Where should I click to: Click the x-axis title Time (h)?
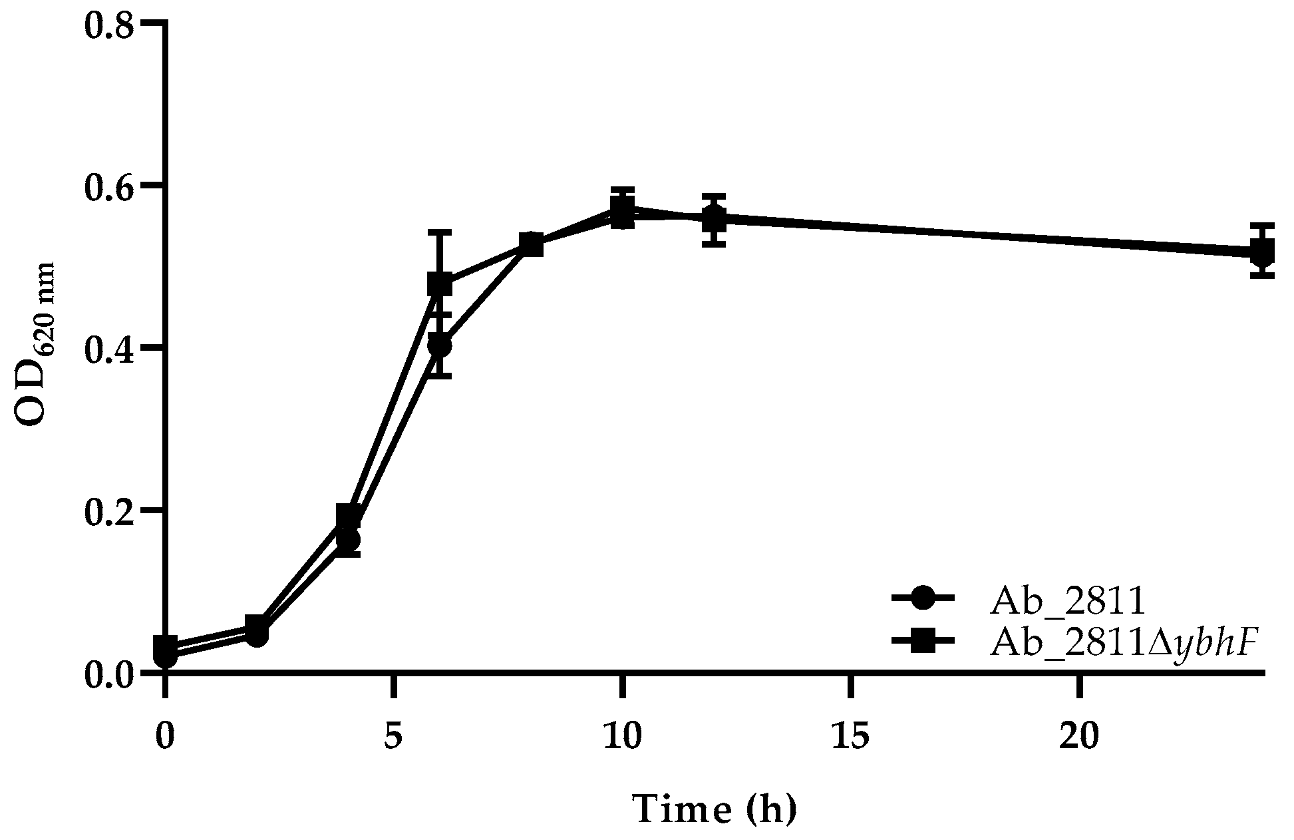coord(714,809)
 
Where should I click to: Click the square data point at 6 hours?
coord(440,284)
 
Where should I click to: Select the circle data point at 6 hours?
coord(440,346)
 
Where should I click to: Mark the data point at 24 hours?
coord(1262,253)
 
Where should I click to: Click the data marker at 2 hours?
coord(257,630)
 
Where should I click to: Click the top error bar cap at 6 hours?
coord(440,232)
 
